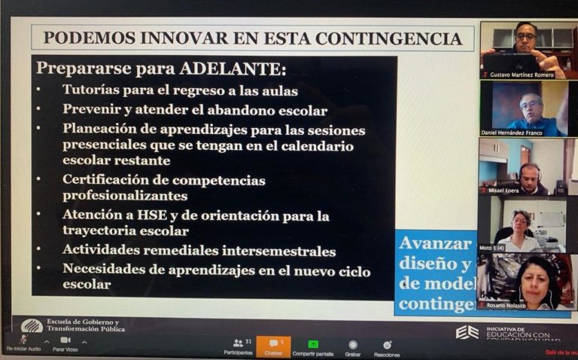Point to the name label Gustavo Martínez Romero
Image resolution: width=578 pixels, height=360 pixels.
(522, 75)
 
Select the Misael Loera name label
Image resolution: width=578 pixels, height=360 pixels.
(504, 190)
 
